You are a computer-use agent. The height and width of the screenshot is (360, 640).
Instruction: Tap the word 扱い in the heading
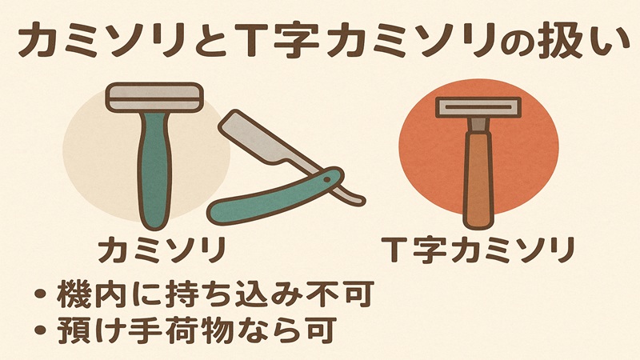pos(576,39)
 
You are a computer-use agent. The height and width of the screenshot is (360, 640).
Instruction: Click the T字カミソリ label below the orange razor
pos(478,250)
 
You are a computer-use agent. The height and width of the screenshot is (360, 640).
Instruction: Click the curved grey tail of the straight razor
pos(353,191)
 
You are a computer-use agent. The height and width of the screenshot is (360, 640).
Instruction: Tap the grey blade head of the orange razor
pos(478,108)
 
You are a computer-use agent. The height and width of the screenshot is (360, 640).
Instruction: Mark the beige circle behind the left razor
pos(88,160)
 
